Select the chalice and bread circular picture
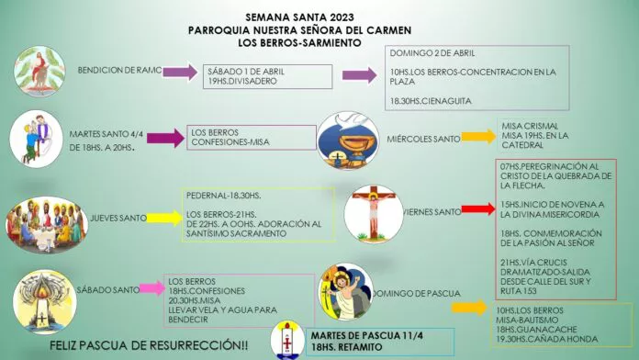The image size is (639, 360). [347, 139]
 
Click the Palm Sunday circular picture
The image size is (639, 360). [38, 69]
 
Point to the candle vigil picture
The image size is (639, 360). [43, 298]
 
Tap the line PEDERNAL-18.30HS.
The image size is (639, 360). [224, 197]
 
